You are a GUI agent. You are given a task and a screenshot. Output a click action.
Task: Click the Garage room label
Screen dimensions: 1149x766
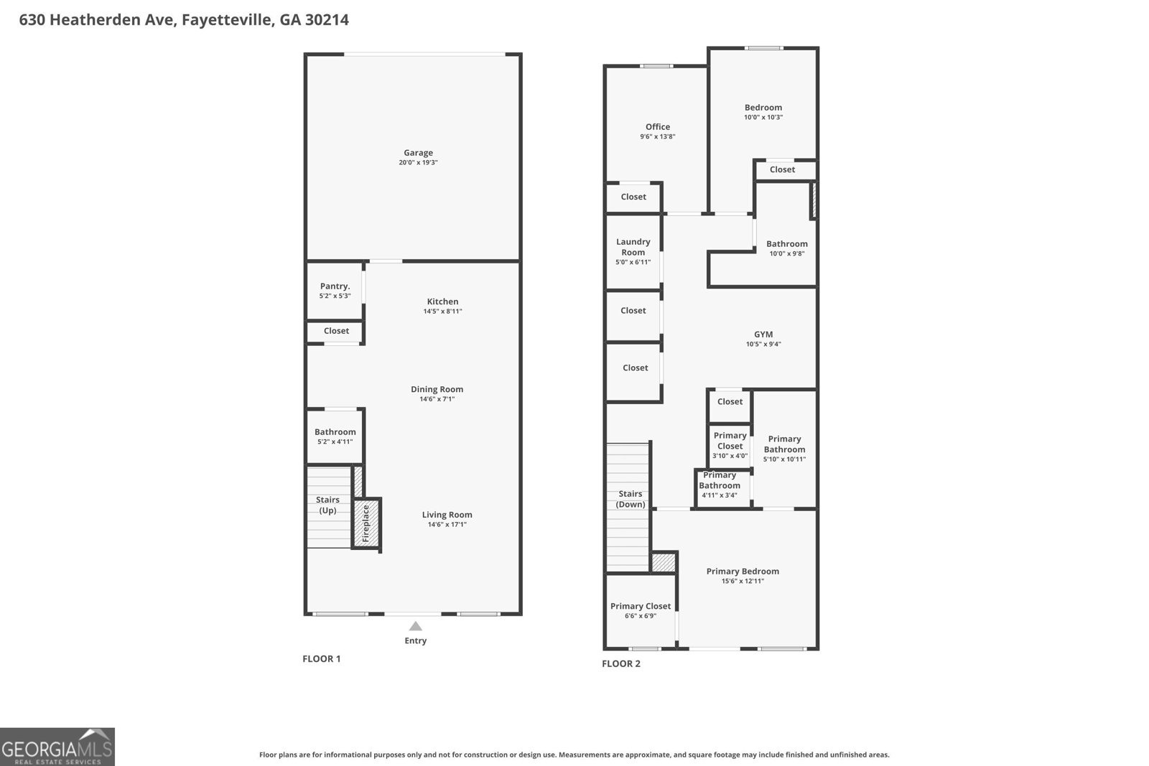[x=418, y=153]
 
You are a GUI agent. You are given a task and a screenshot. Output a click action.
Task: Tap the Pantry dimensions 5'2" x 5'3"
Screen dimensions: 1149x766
[x=335, y=296]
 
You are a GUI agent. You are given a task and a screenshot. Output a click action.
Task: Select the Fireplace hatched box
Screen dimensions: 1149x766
[x=367, y=523]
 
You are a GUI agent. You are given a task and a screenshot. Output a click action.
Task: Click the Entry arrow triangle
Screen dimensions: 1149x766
[x=416, y=626]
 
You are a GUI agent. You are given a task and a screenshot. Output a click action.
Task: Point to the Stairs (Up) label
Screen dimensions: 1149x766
[x=327, y=505]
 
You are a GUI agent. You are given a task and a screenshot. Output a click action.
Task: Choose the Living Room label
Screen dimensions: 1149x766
[x=447, y=515]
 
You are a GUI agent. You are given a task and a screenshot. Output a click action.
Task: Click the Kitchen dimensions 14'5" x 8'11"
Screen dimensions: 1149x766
[x=442, y=312]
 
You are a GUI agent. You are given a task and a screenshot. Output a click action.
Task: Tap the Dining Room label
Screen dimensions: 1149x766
[x=437, y=389]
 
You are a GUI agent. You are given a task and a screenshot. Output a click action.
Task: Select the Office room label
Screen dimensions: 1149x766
[x=658, y=126]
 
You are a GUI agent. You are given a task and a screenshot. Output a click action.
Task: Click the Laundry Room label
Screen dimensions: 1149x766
[x=633, y=247]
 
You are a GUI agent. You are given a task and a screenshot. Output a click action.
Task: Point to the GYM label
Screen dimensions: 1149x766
[x=763, y=335]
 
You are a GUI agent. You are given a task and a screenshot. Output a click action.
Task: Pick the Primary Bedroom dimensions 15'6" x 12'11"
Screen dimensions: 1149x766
[x=743, y=581]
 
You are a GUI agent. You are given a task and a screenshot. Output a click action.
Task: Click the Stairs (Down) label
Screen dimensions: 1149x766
[x=631, y=499]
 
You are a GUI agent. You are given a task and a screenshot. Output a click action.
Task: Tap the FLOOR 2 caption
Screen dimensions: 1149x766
[x=621, y=663]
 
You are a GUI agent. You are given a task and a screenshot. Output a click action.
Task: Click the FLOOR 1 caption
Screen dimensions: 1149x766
[x=322, y=659]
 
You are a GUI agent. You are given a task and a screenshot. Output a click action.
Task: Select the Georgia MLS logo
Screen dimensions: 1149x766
[x=57, y=747]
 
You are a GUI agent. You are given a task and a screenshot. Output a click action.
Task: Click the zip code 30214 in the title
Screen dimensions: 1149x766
[x=327, y=19]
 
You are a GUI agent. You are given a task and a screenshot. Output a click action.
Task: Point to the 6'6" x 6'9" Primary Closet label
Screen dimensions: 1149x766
[x=640, y=610]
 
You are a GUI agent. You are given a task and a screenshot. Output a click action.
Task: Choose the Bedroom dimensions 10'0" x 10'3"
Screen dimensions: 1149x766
[x=763, y=118]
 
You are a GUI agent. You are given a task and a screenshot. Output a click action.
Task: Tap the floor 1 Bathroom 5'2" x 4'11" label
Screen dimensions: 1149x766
[x=335, y=436]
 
